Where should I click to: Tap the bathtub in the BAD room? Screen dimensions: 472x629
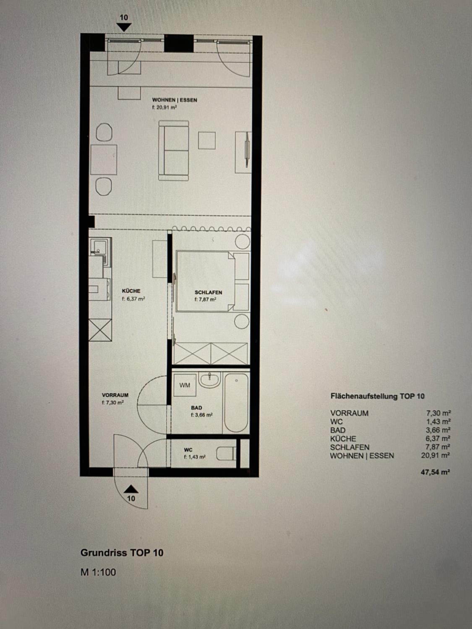[x=236, y=403]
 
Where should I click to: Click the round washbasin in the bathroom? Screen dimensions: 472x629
[x=209, y=380]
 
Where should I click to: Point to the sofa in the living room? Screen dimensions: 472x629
[x=173, y=151]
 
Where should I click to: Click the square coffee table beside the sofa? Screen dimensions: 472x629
[x=207, y=140]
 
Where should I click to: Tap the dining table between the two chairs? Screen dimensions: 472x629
[x=104, y=160]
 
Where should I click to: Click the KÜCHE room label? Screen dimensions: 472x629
[x=131, y=291]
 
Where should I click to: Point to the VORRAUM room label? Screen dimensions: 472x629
[x=115, y=395]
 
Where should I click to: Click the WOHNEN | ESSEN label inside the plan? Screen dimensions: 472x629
[x=175, y=100]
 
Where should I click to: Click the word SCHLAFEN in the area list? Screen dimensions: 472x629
[x=350, y=447]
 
